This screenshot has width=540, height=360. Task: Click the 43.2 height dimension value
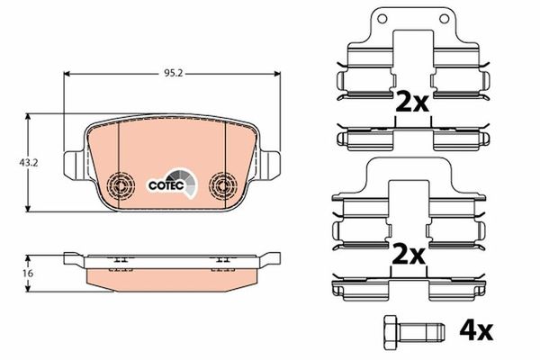(x=29, y=163)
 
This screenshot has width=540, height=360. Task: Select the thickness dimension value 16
(x=28, y=274)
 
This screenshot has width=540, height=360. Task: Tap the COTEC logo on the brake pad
(x=173, y=184)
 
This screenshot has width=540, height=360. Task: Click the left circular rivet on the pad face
(x=121, y=186)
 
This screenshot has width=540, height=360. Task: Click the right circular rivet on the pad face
(x=223, y=186)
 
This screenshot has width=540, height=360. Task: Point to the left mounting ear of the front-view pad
(x=74, y=166)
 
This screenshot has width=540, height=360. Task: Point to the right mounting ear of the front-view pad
(x=270, y=166)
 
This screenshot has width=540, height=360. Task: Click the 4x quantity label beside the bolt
(x=475, y=332)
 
